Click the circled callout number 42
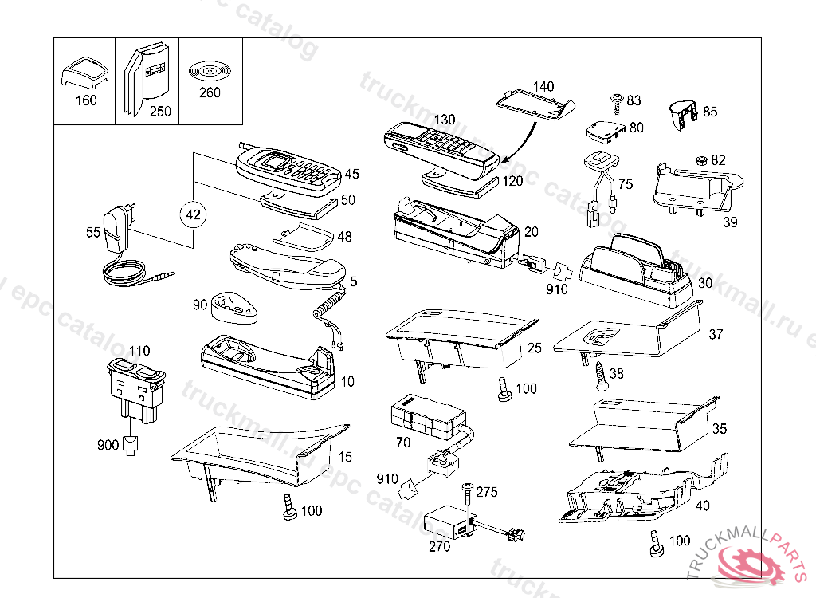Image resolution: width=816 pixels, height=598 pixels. pos(194,214)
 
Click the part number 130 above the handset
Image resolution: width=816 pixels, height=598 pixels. pos(444,120)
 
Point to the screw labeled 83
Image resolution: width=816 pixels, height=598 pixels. pos(616,100)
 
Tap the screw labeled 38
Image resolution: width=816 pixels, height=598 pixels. pos(601,374)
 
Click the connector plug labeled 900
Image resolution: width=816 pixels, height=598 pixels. pos(130,446)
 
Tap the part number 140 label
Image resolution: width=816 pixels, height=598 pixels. pos(543,86)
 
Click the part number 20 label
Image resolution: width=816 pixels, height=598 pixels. pos(531,231)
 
